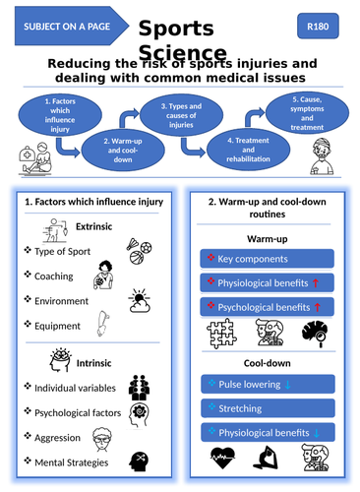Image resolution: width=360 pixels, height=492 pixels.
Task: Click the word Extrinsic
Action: [x=96, y=227]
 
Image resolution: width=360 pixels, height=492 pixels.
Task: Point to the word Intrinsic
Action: [x=94, y=360]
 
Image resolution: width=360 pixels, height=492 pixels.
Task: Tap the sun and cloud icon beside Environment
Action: [x=141, y=301]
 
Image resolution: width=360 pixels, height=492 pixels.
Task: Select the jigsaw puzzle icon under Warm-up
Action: [x=224, y=336]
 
